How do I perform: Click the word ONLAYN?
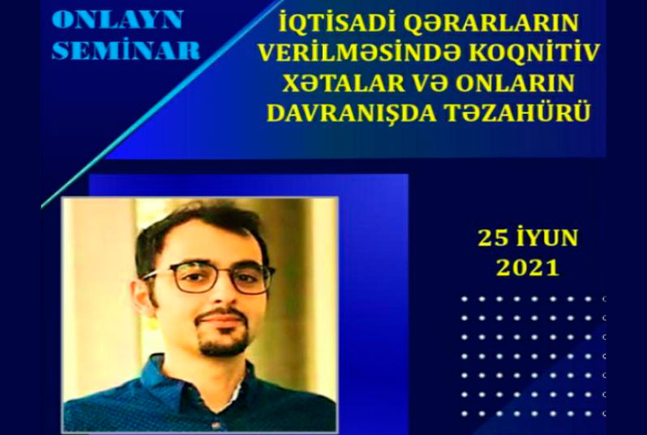(x=117, y=20)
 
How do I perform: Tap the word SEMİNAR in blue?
(x=126, y=50)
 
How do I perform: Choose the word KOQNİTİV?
(x=535, y=53)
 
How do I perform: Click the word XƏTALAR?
(x=344, y=82)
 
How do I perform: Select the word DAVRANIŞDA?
(x=352, y=112)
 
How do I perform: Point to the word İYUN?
(x=545, y=238)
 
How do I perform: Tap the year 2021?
(x=527, y=268)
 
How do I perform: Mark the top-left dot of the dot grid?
(x=464, y=299)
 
